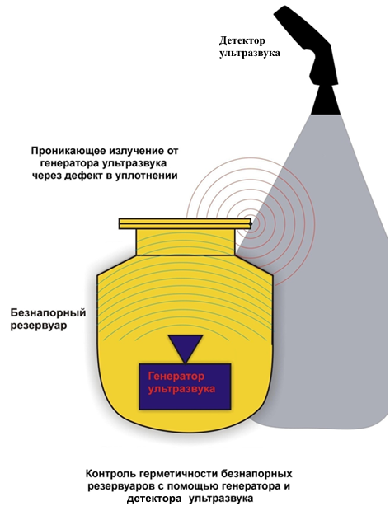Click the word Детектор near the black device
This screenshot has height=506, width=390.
[x=242, y=40]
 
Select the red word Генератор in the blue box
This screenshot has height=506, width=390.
[x=176, y=377]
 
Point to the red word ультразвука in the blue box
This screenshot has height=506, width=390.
[x=181, y=388]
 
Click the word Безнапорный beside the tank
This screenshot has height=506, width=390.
[x=48, y=313]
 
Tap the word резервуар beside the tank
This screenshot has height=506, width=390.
[x=39, y=325]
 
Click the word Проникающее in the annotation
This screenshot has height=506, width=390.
[x=69, y=151]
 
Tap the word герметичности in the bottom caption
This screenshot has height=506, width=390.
[x=179, y=474]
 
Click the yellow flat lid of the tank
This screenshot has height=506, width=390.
[x=185, y=223]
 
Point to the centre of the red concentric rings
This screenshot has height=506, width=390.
[x=251, y=223]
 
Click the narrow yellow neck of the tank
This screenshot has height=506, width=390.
[x=185, y=242]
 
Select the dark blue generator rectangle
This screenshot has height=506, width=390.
[x=185, y=387]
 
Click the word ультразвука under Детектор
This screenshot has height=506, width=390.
[x=250, y=54]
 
